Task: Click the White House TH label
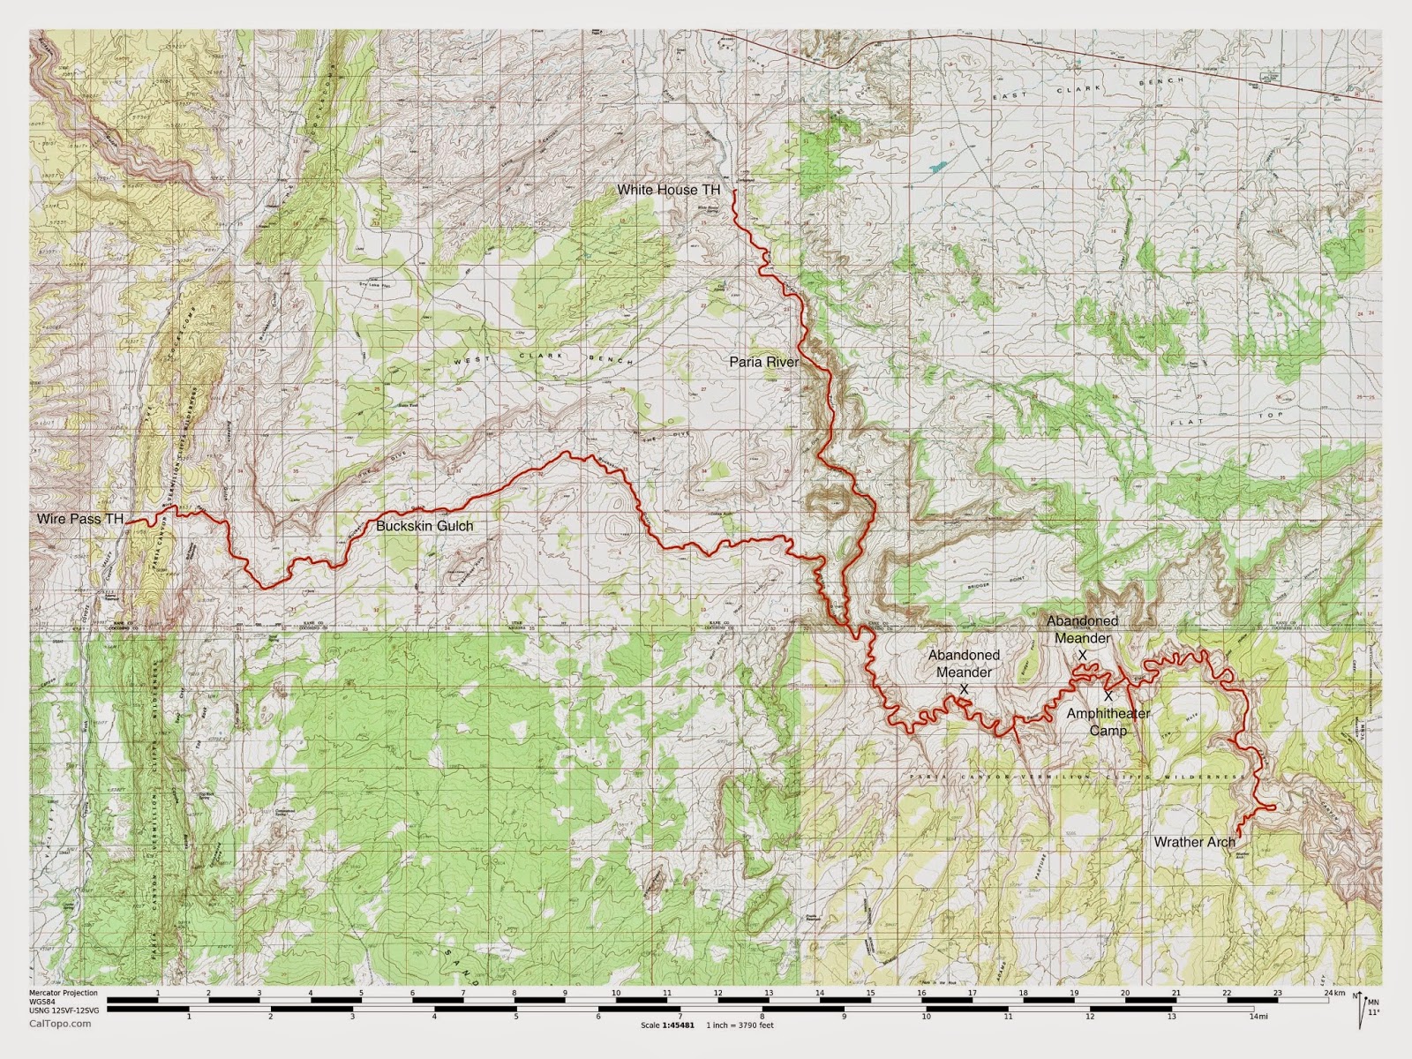pyautogui.click(x=668, y=190)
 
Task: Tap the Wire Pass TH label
pyautogui.click(x=79, y=519)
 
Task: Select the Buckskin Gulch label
pyautogui.click(x=424, y=526)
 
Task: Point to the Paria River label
pyautogui.click(x=763, y=361)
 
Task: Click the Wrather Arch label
pyautogui.click(x=1194, y=842)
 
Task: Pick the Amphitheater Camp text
pyautogui.click(x=1108, y=722)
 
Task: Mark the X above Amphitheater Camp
pyautogui.click(x=1108, y=696)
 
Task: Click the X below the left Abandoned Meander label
pyautogui.click(x=964, y=688)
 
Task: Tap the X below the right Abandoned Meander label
pyautogui.click(x=1083, y=655)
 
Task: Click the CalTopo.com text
pyautogui.click(x=59, y=1024)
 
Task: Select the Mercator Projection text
pyautogui.click(x=64, y=993)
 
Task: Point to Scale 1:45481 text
pyautogui.click(x=667, y=1025)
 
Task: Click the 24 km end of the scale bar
pyautogui.click(x=1333, y=995)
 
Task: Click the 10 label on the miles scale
pyautogui.click(x=926, y=1016)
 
